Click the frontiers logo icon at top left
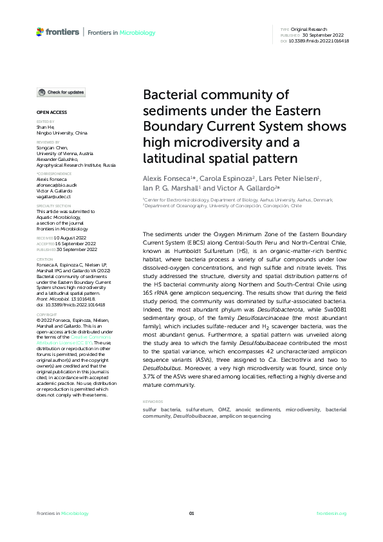click(40, 31)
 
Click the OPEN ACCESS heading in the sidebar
click(49, 113)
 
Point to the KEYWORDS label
click(152, 402)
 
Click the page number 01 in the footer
click(191, 513)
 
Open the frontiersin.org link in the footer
click(332, 513)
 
